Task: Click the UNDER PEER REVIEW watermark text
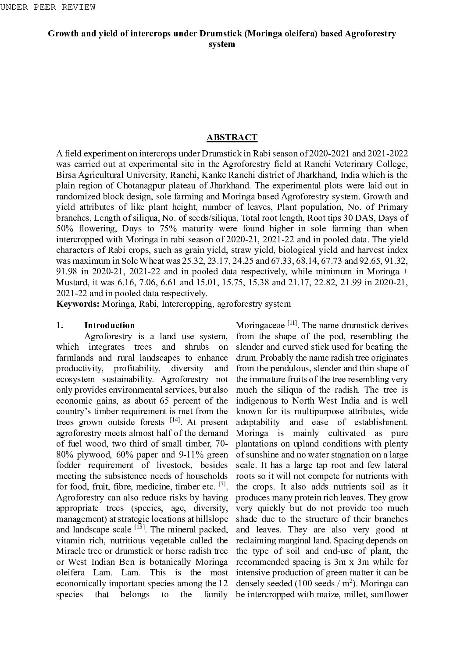click(x=48, y=7)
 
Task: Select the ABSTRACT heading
click(x=232, y=138)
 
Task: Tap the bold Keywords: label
click(x=78, y=304)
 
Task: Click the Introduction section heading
click(x=109, y=326)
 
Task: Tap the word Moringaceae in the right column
click(x=260, y=326)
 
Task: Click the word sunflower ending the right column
click(x=389, y=595)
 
